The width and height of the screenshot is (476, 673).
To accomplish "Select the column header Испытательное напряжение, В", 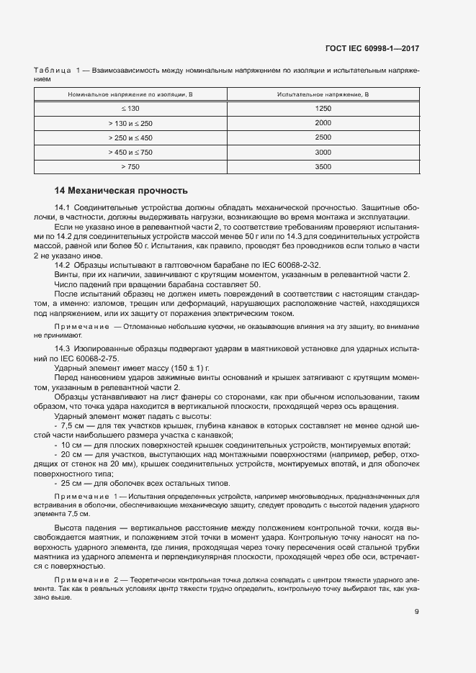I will click(323, 94).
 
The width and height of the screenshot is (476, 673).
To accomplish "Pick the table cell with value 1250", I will click(323, 108).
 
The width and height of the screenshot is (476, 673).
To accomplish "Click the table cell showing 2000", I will click(323, 123).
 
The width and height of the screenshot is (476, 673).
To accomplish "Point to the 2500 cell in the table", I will click(323, 137).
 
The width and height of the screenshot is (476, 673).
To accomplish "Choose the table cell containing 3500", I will click(323, 167).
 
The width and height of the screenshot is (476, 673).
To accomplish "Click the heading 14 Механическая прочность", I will click(121, 191).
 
